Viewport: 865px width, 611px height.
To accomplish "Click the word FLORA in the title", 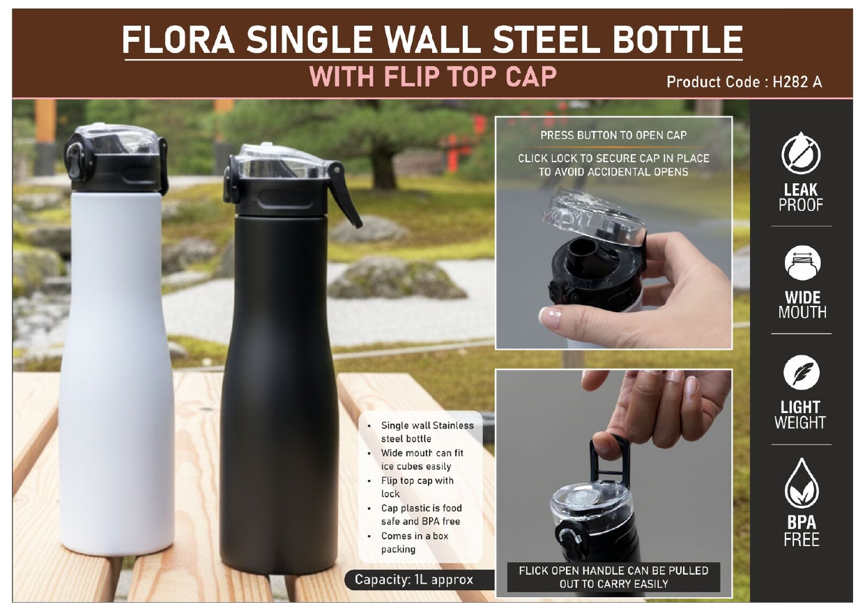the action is coord(178,40).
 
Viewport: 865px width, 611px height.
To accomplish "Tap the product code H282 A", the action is coord(797,82).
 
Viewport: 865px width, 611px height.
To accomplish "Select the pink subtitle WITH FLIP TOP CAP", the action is coord(433,77).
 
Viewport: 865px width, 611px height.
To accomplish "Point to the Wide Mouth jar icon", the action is coord(802,263).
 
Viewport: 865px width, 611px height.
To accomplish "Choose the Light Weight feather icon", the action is coord(802,373).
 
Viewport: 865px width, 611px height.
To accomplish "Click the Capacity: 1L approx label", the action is coord(413,580).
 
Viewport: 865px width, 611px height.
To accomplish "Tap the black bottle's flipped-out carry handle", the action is coord(345,194).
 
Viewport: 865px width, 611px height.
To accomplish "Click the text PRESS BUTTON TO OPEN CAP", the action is coord(613,135).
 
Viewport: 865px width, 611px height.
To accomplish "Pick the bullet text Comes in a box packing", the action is coord(414,542).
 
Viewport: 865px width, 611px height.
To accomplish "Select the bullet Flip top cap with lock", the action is coord(417,487).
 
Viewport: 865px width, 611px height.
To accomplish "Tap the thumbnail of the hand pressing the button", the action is coord(613,233).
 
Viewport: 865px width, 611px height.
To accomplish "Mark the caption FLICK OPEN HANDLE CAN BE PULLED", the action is coord(613,571).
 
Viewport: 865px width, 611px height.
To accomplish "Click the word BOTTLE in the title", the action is coord(678,40).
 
